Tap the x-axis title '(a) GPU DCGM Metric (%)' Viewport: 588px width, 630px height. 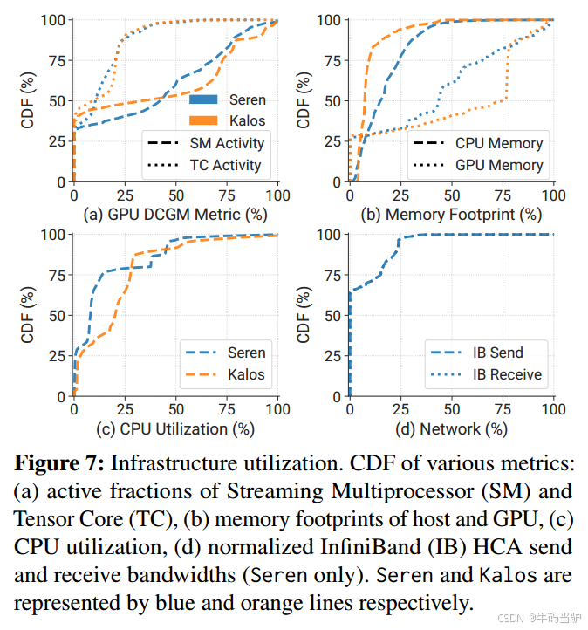click(175, 214)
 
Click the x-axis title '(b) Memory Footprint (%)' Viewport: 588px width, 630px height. click(451, 214)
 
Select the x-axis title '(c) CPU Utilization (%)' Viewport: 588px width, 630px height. click(175, 428)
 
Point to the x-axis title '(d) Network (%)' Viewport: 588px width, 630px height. click(451, 428)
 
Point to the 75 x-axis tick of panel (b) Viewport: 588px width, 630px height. click(503, 194)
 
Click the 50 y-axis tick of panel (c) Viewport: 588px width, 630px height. click(57, 315)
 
